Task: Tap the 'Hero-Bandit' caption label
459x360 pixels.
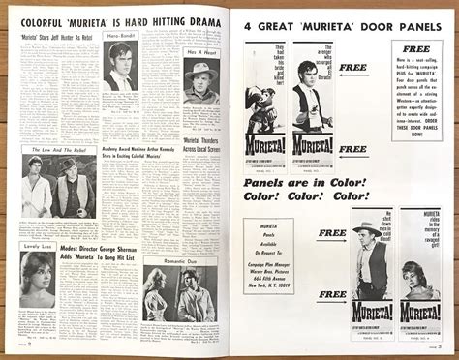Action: tap(121, 36)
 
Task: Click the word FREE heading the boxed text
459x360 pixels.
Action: tap(416, 48)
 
